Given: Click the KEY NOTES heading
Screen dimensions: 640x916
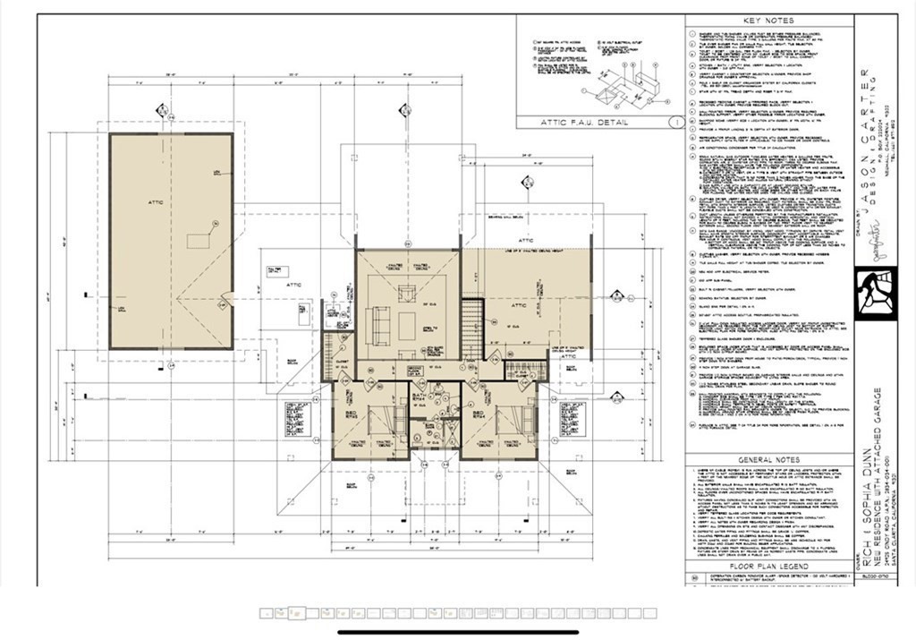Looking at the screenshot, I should click(768, 21).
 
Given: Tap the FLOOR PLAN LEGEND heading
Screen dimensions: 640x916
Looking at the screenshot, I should click(768, 567).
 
